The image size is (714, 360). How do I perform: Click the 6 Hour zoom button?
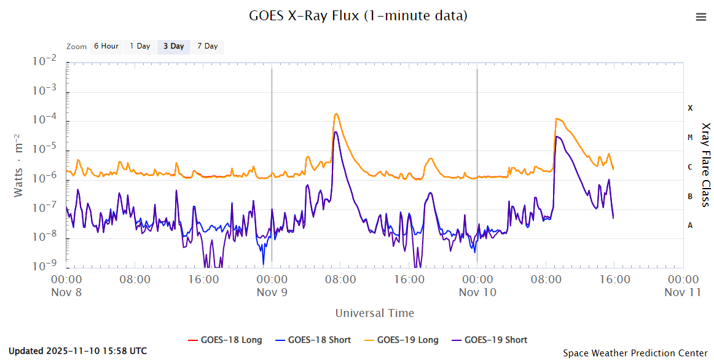coord(106,47)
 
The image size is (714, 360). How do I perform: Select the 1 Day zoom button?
coord(140,47)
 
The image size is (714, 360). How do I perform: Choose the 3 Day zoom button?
coord(173,47)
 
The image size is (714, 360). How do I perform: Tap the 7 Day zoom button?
coord(207,47)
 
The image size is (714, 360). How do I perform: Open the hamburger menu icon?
coord(701,17)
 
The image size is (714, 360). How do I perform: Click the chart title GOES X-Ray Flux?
coord(358,16)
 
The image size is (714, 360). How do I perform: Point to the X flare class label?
coord(690,108)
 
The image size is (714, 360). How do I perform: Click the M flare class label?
coord(690,137)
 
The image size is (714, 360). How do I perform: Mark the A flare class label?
coord(690,225)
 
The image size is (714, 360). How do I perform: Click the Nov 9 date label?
coord(272,292)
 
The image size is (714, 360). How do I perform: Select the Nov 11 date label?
coord(682,292)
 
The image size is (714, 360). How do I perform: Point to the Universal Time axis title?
coord(374,313)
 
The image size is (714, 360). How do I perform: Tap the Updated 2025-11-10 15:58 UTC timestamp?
coord(77,351)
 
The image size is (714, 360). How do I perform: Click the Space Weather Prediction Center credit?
coord(635,353)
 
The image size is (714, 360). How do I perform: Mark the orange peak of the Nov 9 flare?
coord(336,114)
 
